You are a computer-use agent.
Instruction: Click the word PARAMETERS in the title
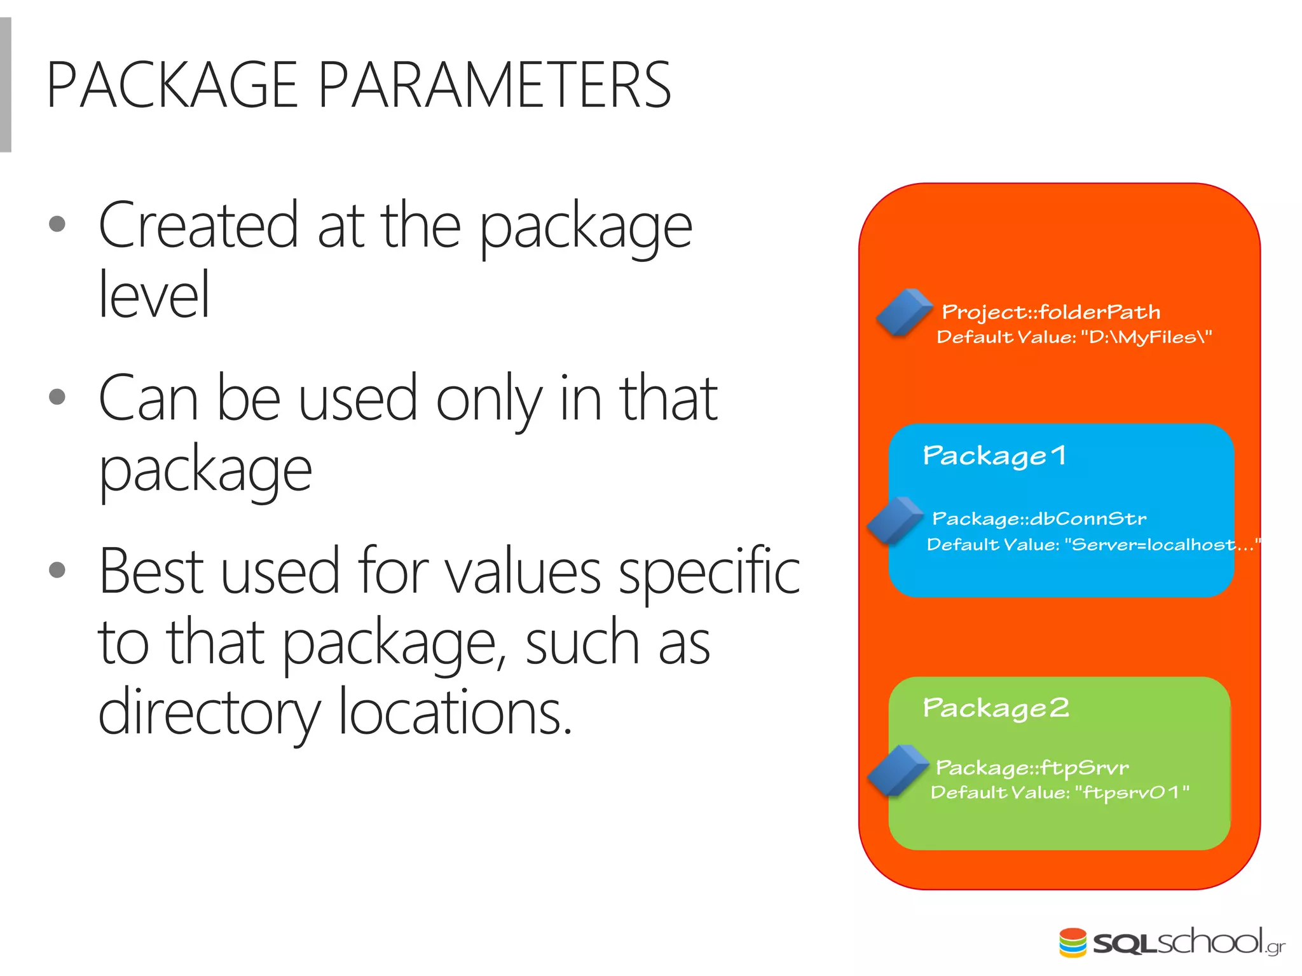[x=494, y=85]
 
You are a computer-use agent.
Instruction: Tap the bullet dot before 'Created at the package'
[x=57, y=224]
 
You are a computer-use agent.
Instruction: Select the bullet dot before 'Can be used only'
[x=57, y=396]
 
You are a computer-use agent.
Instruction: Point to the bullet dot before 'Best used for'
[x=57, y=569]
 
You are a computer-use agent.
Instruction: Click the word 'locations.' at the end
[x=455, y=713]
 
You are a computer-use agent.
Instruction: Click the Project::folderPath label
[x=1051, y=312]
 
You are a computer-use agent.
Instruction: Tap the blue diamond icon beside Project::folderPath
[x=903, y=312]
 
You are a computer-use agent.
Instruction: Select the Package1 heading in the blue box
[x=994, y=456]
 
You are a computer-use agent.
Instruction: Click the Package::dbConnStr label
[x=1039, y=519]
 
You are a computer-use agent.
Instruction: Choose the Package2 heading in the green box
[x=996, y=708]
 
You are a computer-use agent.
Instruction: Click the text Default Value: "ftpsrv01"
[x=1060, y=792]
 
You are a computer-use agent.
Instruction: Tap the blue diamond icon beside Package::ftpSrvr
[x=897, y=771]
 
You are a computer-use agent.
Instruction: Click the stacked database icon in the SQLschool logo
[x=1072, y=942]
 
